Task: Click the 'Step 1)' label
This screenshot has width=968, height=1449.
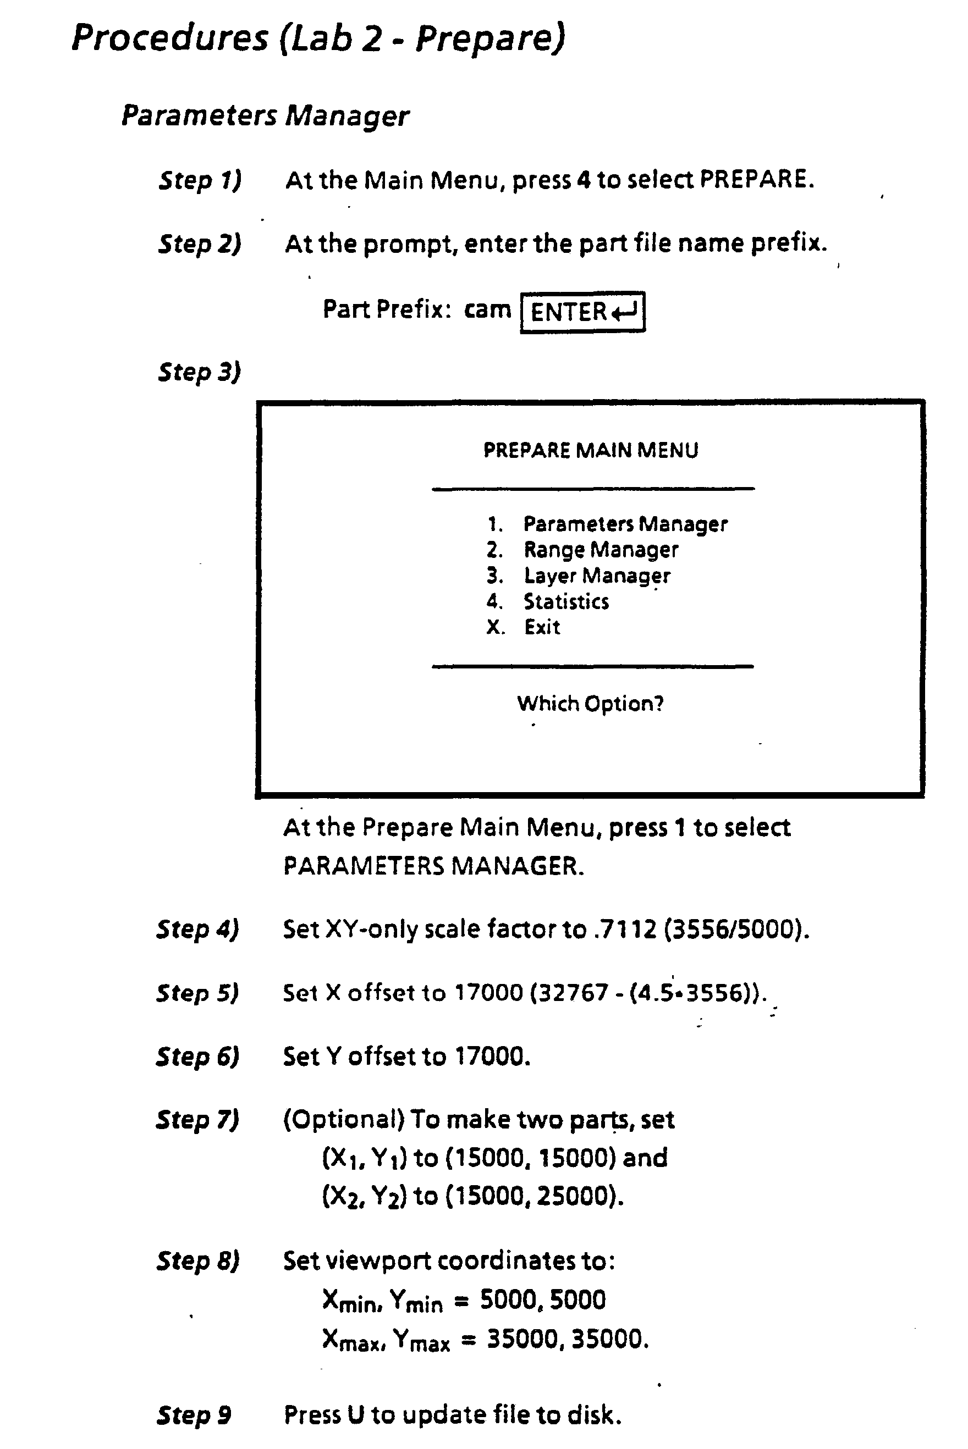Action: [200, 180]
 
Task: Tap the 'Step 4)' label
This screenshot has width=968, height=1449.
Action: [197, 929]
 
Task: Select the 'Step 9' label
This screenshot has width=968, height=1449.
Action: [194, 1414]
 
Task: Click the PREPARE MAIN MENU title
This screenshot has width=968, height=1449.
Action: [591, 450]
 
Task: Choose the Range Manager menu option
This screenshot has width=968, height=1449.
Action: [601, 550]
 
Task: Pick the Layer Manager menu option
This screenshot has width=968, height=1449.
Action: [596, 576]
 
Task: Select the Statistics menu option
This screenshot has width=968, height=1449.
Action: [566, 601]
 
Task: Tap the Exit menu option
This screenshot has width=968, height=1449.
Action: [542, 627]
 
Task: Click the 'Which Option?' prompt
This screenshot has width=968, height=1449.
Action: [590, 703]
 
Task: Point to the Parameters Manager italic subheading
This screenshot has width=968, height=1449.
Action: [265, 116]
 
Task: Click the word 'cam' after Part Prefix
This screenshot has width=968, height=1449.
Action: [488, 309]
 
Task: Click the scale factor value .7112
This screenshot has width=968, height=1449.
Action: [625, 929]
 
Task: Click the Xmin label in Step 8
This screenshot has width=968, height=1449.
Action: [349, 1302]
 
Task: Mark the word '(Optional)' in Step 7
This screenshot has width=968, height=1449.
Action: [343, 1120]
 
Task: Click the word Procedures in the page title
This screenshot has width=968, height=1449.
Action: [170, 38]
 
